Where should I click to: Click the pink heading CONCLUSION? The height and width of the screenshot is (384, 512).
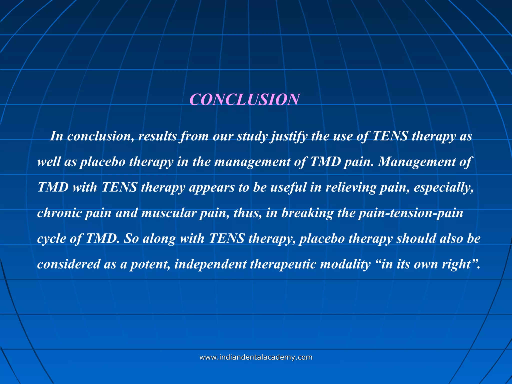click(x=244, y=99)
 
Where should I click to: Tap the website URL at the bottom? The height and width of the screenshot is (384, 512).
click(x=256, y=357)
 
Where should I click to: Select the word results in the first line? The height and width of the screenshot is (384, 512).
click(x=157, y=136)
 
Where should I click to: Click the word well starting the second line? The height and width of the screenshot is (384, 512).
click(x=49, y=162)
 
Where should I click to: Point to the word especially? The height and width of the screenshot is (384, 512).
click(x=443, y=187)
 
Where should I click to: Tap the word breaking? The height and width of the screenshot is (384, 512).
click(x=307, y=213)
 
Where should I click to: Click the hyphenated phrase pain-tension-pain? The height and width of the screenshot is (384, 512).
click(x=410, y=213)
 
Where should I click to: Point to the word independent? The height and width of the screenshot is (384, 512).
click(x=210, y=264)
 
